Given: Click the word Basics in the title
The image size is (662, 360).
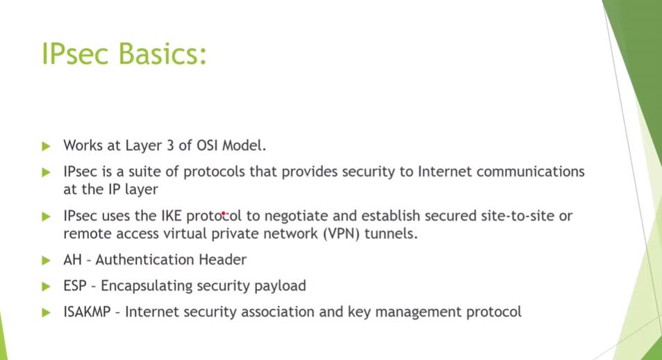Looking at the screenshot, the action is click(163, 54).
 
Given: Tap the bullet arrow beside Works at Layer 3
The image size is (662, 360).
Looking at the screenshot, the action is click(46, 146).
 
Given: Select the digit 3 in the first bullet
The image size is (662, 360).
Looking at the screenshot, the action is click(170, 145).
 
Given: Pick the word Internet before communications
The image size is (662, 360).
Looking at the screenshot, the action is click(445, 172).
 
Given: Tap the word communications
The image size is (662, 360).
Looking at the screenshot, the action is click(531, 172).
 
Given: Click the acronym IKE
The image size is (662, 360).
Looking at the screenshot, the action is click(172, 216).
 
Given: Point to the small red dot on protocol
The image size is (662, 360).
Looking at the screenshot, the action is click(224, 214).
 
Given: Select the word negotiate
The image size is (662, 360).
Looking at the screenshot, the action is click(297, 216).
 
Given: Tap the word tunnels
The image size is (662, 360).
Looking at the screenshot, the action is click(391, 234).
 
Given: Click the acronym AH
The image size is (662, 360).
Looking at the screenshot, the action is click(73, 259).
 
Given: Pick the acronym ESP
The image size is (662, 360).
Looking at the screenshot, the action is click(75, 286).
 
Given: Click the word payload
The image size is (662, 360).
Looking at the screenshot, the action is click(280, 286).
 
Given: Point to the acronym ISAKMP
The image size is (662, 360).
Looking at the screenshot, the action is click(87, 312).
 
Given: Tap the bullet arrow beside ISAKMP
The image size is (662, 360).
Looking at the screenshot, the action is click(46, 313).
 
